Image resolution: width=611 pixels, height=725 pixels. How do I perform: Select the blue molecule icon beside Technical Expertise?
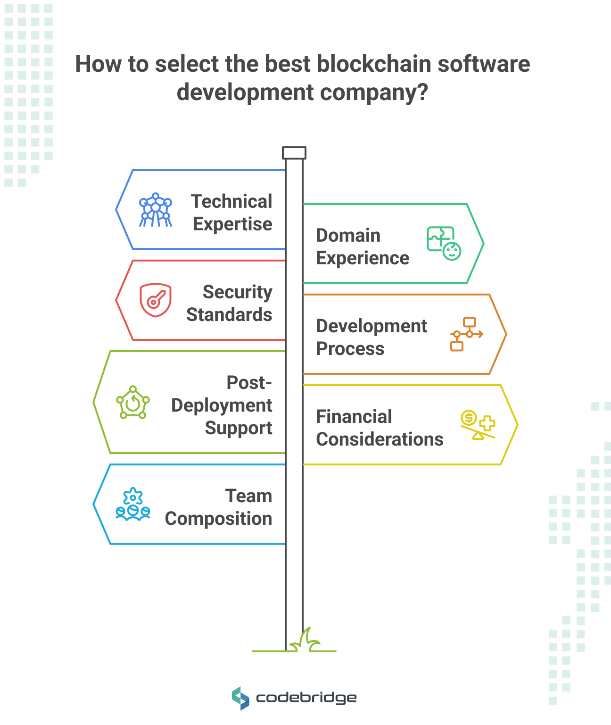156,210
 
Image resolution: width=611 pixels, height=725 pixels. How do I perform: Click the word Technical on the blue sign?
231,202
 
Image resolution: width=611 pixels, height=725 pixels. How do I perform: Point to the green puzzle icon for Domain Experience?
444,243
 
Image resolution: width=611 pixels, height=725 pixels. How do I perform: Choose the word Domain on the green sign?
348,236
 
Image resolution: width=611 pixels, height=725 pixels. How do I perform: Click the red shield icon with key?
156,300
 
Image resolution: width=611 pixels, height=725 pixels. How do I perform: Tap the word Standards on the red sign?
229,315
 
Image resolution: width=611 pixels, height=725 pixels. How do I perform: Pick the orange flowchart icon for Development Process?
466,334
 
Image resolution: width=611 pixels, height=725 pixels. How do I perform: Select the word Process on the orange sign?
350,349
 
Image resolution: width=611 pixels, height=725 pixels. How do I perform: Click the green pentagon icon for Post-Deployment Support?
133,403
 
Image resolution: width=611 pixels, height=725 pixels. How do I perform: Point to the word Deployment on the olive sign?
222,405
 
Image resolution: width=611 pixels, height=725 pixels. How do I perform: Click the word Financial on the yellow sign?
354,417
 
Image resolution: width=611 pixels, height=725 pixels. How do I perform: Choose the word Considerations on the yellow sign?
380,439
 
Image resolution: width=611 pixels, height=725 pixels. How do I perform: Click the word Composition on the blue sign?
218,519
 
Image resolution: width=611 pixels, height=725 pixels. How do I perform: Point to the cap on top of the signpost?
294,153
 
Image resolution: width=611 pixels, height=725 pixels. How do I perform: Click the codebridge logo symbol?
240,698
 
